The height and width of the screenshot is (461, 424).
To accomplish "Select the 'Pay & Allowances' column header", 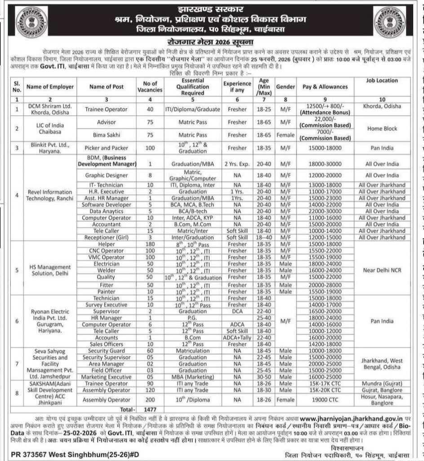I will pyautogui.click(x=322, y=86).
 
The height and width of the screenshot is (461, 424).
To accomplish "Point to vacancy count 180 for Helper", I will pyautogui.click(x=151, y=244).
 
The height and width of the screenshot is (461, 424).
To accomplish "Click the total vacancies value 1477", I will pyautogui.click(x=151, y=411).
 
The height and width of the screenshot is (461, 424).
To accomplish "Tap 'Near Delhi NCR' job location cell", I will pyautogui.click(x=382, y=270).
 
